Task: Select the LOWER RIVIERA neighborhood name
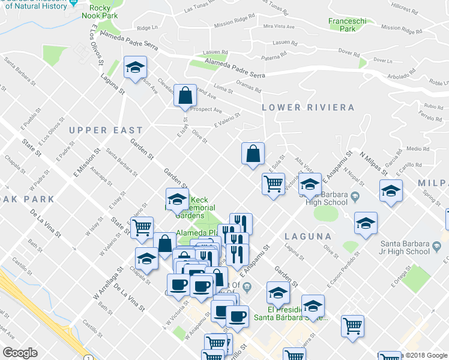(308, 107)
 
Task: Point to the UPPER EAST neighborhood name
(106, 130)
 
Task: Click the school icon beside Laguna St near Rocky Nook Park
(136, 68)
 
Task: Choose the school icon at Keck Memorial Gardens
(177, 199)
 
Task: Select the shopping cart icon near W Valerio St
(142, 227)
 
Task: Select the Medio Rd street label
(414, 148)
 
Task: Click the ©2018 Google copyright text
(424, 355)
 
